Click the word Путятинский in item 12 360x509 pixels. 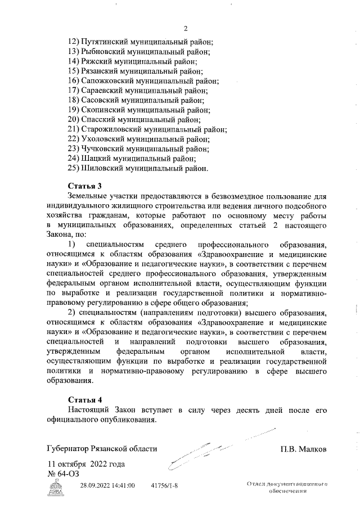(105, 42)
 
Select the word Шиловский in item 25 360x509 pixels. (102, 168)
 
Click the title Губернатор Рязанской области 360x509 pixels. (102, 449)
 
